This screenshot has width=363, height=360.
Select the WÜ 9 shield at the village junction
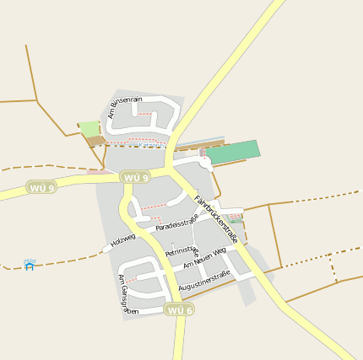(x=135, y=177)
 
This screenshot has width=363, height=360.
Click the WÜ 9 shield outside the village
(x=41, y=187)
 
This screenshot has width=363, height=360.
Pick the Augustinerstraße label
(x=204, y=280)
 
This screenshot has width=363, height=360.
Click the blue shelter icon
(x=30, y=265)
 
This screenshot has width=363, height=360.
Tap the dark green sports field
(x=233, y=152)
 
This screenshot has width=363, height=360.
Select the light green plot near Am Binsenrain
(x=89, y=128)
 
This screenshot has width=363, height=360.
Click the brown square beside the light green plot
(x=95, y=141)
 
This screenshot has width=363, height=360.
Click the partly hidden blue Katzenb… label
(x=153, y=144)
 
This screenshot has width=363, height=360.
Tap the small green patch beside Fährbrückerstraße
(x=236, y=218)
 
